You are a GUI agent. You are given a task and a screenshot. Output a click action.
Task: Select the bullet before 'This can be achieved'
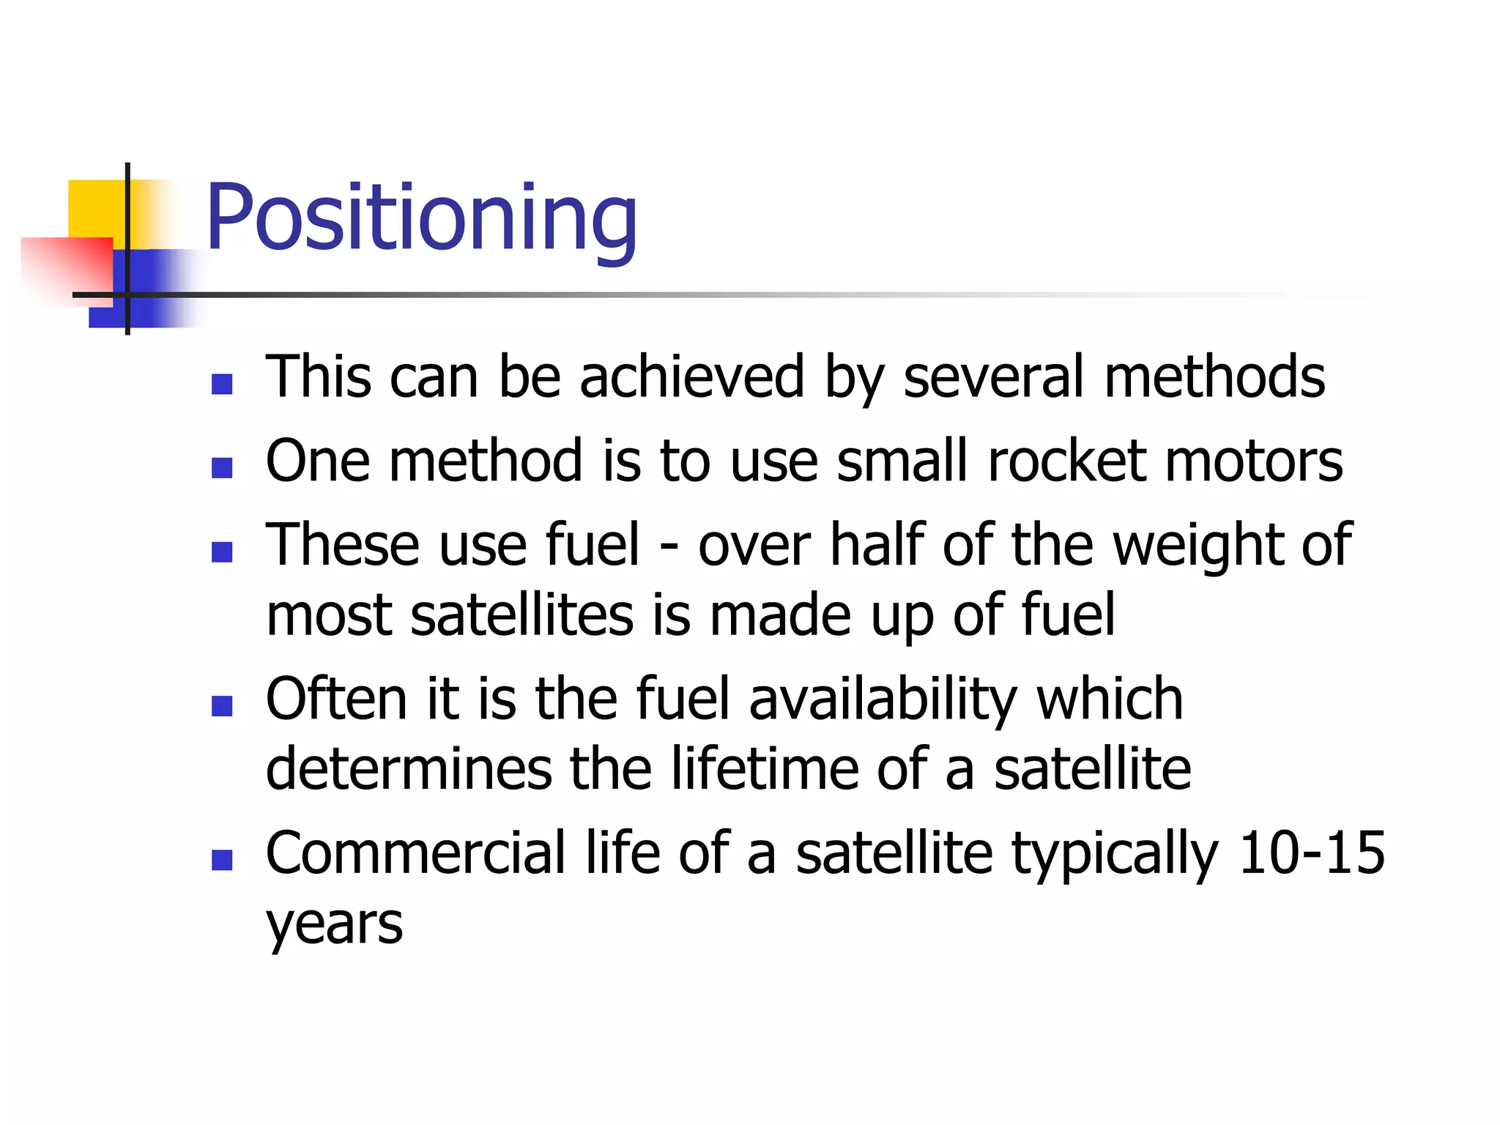click(221, 384)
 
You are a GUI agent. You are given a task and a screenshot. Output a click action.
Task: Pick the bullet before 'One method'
click(221, 467)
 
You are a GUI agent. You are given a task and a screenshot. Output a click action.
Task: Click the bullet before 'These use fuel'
click(221, 552)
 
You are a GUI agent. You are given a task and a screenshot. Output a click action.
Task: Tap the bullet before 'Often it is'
click(221, 705)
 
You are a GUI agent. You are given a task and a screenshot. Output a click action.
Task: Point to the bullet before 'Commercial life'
click(221, 860)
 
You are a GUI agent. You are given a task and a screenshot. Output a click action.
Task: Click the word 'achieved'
click(691, 376)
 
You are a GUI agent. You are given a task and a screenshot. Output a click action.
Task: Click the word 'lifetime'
click(765, 768)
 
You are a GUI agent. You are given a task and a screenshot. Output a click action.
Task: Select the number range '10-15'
click(1311, 853)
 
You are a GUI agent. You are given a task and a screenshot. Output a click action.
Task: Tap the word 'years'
click(334, 924)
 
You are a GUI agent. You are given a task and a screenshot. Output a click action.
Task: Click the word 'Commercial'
click(415, 853)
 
